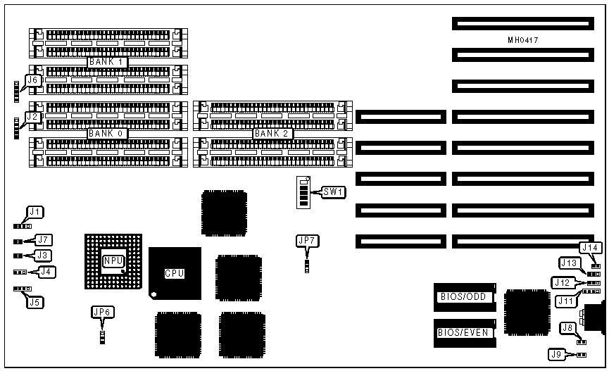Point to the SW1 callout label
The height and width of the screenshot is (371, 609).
coord(333,191)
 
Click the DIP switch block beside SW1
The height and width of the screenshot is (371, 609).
coord(304,191)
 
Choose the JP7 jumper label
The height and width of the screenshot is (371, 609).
coord(308,241)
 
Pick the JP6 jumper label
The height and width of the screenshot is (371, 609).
coord(103,312)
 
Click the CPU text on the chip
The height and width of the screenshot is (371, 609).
coord(175,273)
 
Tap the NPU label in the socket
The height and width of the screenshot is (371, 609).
coord(113,260)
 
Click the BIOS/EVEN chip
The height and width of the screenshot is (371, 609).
coord(463,332)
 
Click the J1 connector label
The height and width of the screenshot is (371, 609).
coord(35,210)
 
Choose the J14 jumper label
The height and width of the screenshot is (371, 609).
coord(591,247)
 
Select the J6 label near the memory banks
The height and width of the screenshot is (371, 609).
coord(32,80)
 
